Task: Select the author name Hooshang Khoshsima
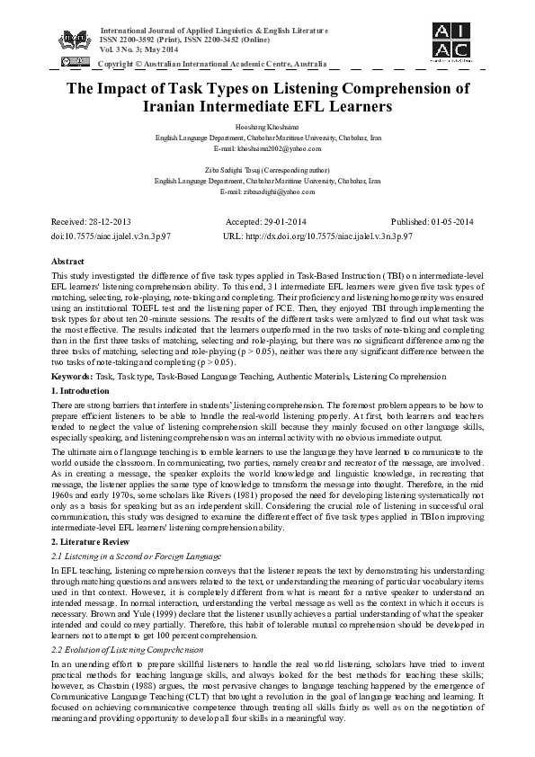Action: pyautogui.click(x=267, y=129)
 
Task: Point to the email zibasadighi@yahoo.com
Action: pyautogui.click(x=267, y=191)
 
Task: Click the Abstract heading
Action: pyautogui.click(x=70, y=260)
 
